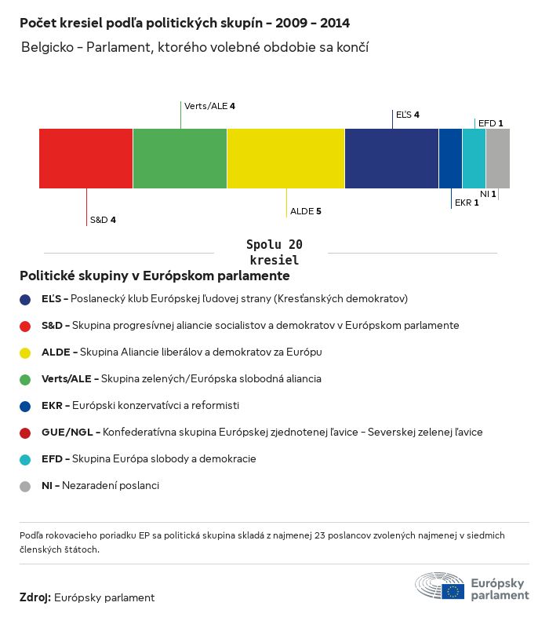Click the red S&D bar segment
point(85,159)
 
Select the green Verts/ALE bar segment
point(180,159)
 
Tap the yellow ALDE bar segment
point(285,159)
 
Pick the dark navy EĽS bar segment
point(391,159)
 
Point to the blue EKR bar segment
point(450,159)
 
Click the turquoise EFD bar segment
point(474,159)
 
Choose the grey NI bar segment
point(497,159)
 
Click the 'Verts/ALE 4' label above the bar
point(209,106)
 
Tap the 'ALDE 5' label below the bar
point(306,211)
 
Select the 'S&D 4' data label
point(103,220)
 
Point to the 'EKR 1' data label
point(467,203)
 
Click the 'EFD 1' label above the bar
point(490,123)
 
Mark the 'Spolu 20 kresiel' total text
point(274,252)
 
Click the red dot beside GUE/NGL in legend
point(25,433)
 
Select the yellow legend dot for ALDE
point(25,352)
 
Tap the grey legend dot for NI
point(25,486)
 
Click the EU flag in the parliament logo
point(453,591)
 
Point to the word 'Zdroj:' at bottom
point(35,597)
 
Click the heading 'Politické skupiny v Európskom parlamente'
point(155,276)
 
